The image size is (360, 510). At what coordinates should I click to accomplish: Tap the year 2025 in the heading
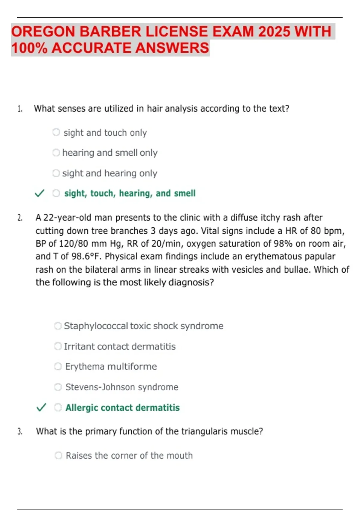[x=274, y=32]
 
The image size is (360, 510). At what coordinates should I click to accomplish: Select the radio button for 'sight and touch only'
[x=56, y=132]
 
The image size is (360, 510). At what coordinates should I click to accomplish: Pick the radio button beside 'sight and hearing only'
[x=56, y=173]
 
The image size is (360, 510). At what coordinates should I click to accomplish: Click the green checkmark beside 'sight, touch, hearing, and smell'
[x=40, y=193]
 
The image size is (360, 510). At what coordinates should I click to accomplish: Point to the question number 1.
[x=20, y=109]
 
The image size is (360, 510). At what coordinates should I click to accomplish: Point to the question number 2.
[x=20, y=218]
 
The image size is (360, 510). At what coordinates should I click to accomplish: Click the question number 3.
[x=20, y=432]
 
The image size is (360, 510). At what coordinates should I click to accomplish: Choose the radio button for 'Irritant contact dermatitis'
[x=58, y=346]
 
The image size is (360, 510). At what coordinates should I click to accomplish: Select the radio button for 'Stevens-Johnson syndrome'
[x=58, y=387]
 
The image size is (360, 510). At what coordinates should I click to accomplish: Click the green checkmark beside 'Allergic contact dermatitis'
[x=41, y=407]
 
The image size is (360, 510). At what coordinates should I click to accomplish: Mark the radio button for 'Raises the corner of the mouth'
[x=58, y=455]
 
